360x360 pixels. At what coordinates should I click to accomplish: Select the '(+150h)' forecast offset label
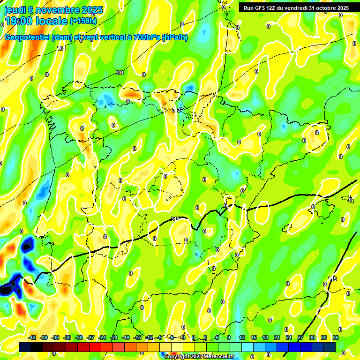tap(83, 21)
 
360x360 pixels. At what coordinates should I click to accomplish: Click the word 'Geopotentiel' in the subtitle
tap(28, 37)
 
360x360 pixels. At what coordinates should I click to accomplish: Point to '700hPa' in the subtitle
tap(145, 37)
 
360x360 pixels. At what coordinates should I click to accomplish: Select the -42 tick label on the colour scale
tap(32, 337)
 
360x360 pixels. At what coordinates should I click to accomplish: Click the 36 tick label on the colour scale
tap(336, 337)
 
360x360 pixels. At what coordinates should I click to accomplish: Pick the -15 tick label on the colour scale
tap(137, 337)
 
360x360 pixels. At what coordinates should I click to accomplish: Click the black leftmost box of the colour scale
tap(25, 347)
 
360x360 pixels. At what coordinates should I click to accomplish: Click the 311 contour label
tap(120, 73)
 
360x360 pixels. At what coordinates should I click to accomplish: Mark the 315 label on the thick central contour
tap(175, 219)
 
